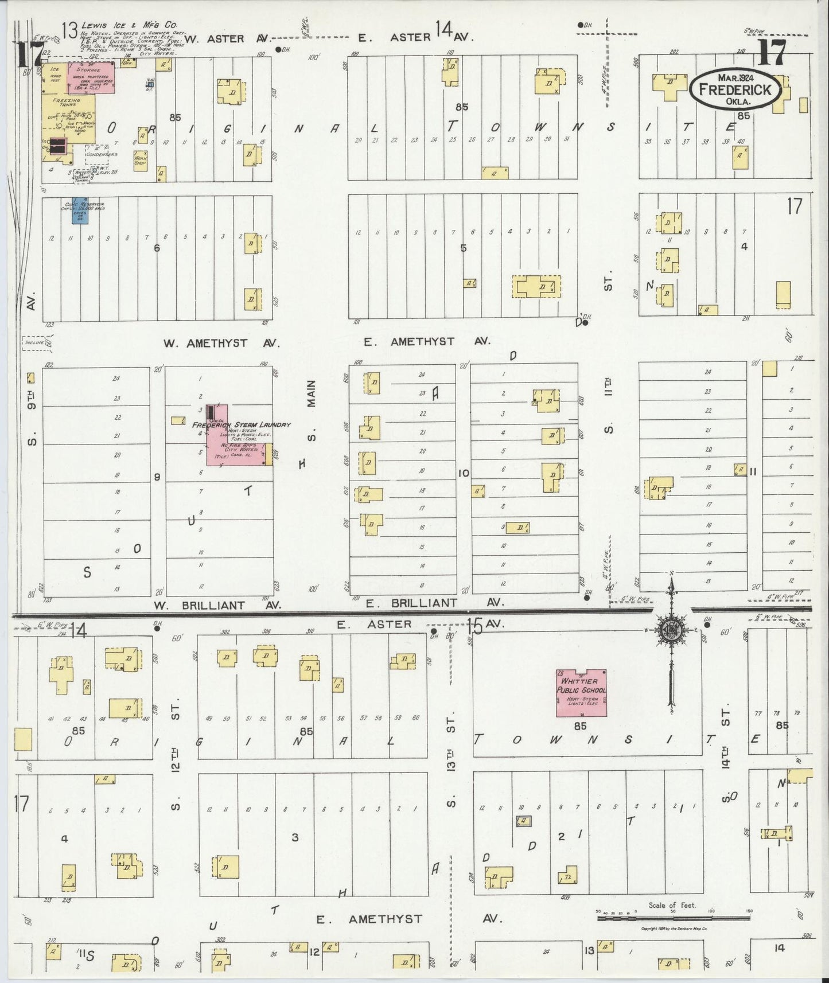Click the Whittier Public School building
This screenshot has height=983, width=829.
pyautogui.click(x=581, y=693)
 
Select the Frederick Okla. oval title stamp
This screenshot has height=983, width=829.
pyautogui.click(x=735, y=90)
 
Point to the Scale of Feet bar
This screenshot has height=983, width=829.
pyautogui.click(x=672, y=918)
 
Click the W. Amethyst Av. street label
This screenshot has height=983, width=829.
pyautogui.click(x=221, y=343)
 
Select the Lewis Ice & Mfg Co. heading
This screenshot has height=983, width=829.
pyautogui.click(x=129, y=26)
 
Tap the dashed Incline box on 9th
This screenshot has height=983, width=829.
pyautogui.click(x=34, y=343)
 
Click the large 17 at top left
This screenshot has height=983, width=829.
pyautogui.click(x=27, y=54)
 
